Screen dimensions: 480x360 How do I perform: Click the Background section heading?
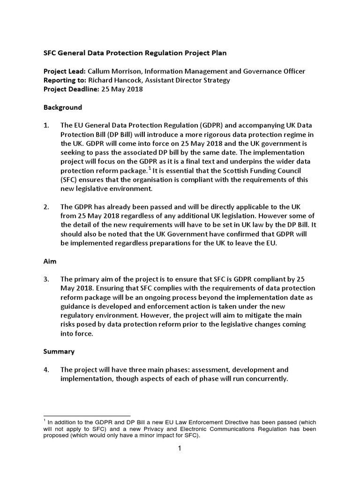click(x=62, y=107)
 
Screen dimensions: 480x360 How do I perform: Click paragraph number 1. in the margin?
click(x=46, y=126)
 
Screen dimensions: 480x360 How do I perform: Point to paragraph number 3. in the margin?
click(x=46, y=279)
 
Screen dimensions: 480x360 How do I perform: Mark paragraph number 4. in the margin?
click(x=46, y=369)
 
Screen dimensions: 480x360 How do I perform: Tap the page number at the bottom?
click(x=179, y=449)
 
